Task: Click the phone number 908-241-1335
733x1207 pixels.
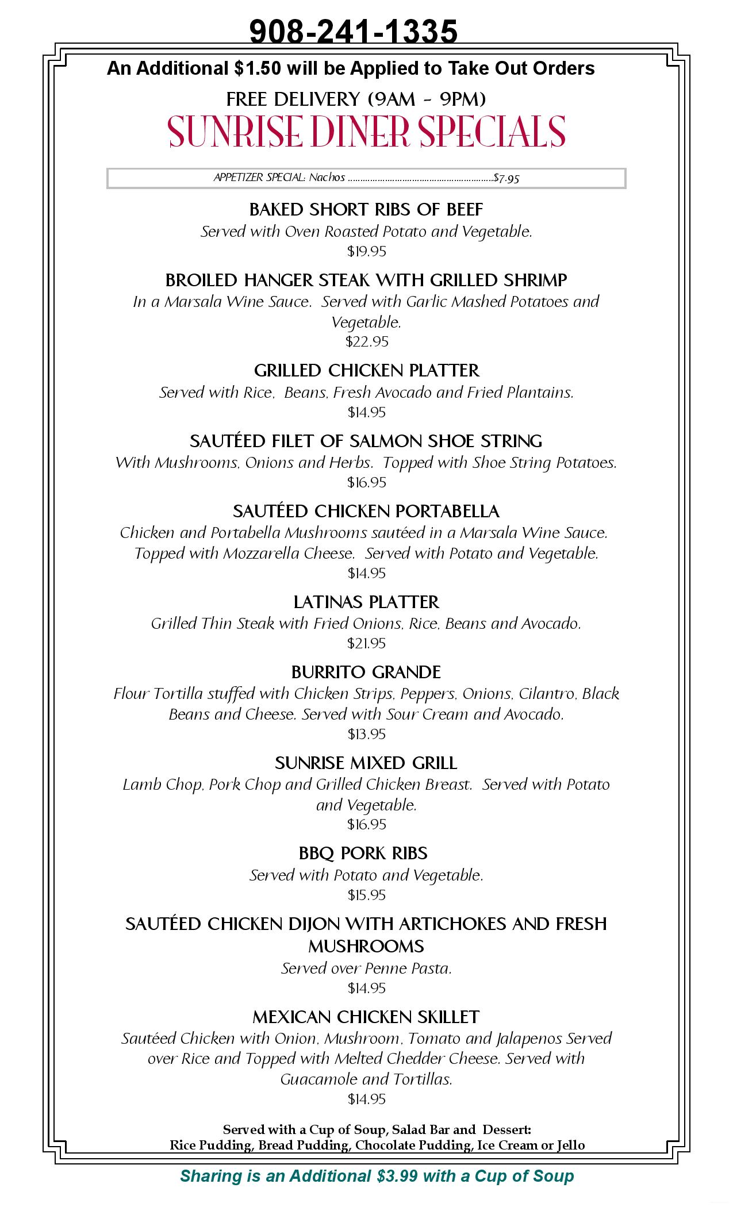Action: (x=353, y=31)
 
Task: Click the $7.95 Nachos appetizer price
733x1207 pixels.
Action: (x=506, y=178)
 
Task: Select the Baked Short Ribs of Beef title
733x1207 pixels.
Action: (x=366, y=209)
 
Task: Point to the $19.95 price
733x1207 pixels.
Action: (x=366, y=251)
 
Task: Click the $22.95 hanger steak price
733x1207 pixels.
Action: (x=366, y=341)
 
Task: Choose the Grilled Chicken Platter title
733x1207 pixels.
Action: (x=366, y=370)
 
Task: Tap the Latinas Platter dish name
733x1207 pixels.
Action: (x=366, y=602)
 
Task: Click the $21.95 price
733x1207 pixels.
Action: (x=366, y=643)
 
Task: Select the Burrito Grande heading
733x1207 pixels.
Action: (x=366, y=672)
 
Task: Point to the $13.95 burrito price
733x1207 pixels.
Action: (x=366, y=734)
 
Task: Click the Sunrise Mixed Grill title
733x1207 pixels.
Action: (x=366, y=763)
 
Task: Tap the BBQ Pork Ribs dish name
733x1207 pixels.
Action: (x=363, y=853)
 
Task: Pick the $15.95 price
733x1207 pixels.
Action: (x=366, y=895)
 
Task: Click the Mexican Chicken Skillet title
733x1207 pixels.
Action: (x=366, y=1017)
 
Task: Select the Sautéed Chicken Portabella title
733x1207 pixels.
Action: (x=366, y=511)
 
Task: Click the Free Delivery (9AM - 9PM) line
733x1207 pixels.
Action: (x=356, y=99)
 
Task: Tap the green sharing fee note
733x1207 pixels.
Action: (x=377, y=1175)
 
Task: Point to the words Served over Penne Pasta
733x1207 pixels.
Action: (x=366, y=968)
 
